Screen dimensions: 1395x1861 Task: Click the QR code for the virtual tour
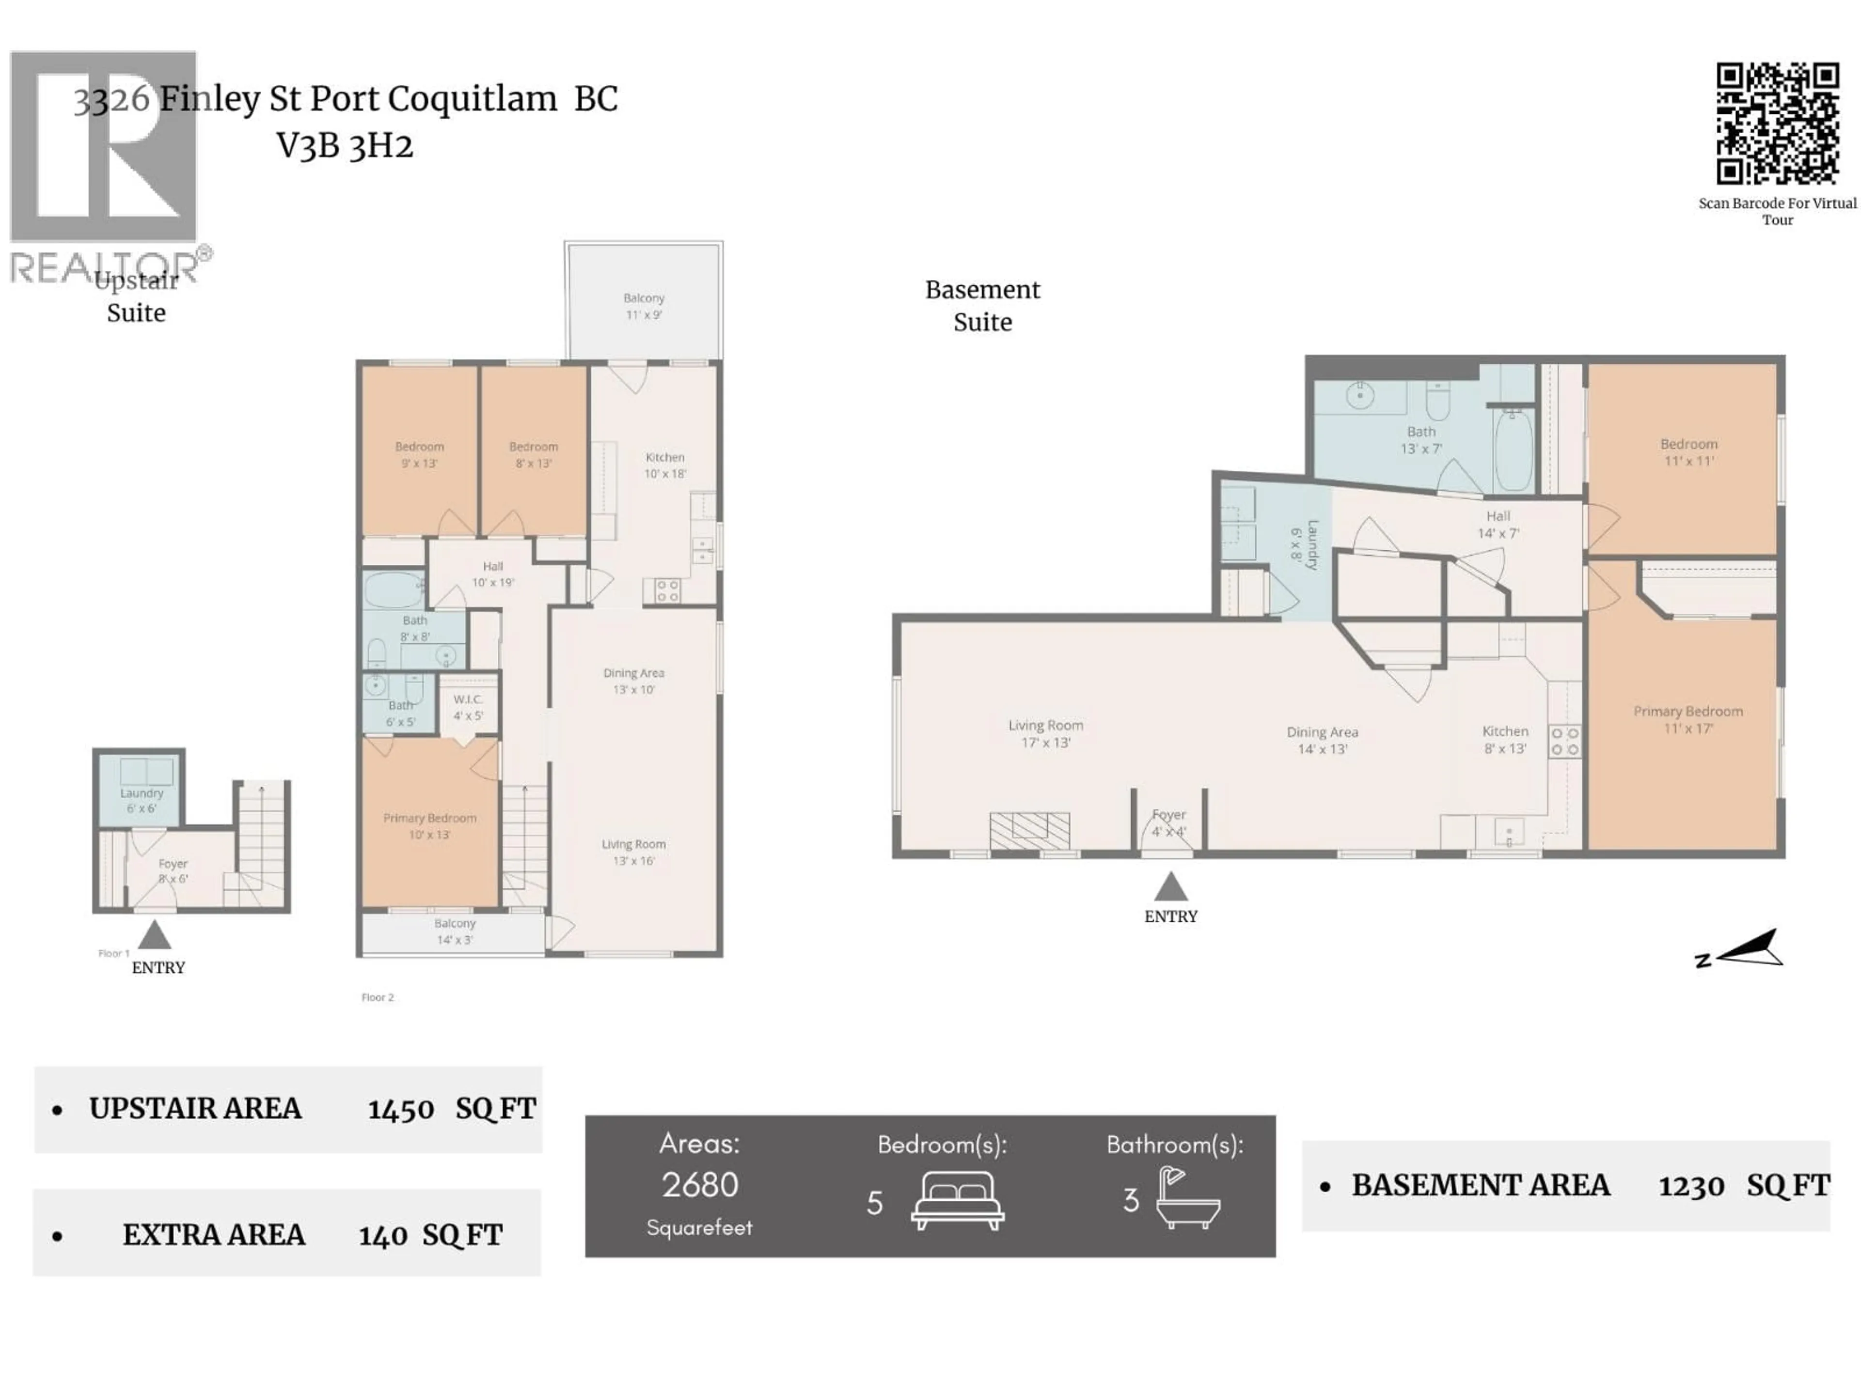click(x=1777, y=124)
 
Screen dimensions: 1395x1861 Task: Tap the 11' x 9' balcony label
click(x=644, y=306)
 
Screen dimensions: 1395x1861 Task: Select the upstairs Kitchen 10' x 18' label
click(x=664, y=465)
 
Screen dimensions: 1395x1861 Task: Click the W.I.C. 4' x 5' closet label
click(x=468, y=707)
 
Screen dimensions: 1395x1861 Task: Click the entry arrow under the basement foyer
click(x=1170, y=887)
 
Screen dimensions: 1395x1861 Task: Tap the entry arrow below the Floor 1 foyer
click(x=154, y=935)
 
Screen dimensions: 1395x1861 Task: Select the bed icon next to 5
click(x=958, y=1201)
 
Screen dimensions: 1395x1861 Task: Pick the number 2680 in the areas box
click(x=699, y=1185)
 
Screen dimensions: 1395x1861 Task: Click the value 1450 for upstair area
click(x=400, y=1109)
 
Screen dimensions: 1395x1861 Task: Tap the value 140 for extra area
click(x=383, y=1235)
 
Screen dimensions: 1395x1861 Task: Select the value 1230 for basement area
click(x=1691, y=1186)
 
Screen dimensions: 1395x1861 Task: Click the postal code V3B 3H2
click(x=345, y=146)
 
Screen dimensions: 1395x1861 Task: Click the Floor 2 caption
click(x=378, y=997)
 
